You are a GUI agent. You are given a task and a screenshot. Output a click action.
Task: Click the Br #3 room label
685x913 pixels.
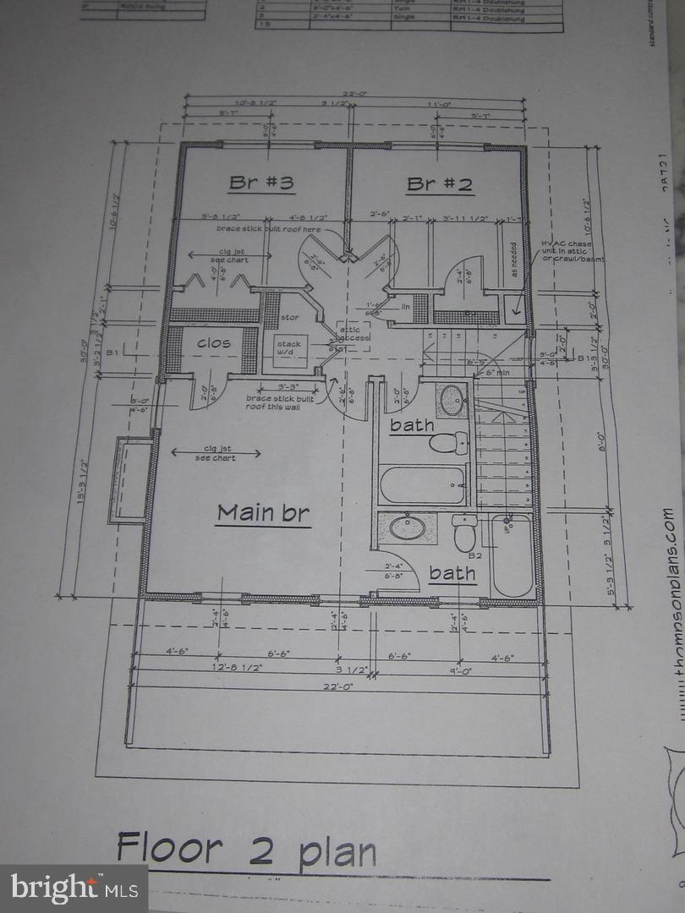point(260,183)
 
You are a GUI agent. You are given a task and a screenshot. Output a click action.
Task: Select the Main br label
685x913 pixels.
point(263,512)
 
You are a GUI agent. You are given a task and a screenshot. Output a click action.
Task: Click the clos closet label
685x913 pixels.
point(214,343)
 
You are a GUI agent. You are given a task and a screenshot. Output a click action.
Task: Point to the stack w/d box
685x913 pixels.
point(289,349)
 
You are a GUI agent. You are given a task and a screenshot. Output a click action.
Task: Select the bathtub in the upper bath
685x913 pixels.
point(422,484)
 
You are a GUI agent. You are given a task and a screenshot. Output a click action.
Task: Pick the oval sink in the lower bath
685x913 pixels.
point(407,528)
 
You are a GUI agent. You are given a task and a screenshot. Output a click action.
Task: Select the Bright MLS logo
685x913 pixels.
point(74,888)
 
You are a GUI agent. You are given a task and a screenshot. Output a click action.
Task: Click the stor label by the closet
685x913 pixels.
point(289,319)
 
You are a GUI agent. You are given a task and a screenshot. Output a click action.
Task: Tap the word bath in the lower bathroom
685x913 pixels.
point(452,574)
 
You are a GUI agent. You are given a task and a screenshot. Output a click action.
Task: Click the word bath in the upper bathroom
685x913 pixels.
point(412,425)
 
